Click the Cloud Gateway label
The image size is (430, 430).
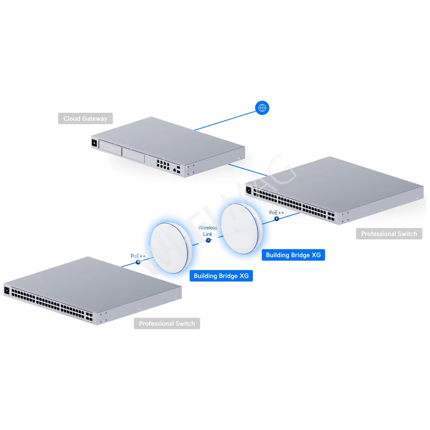coord(85,119)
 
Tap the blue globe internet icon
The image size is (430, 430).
coord(262,108)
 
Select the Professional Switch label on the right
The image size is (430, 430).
coord(389,234)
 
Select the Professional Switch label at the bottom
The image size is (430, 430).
coord(166,323)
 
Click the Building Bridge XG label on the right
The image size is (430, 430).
coord(293,255)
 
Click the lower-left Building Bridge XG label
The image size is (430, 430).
coord(221,276)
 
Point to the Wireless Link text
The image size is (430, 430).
coord(208,231)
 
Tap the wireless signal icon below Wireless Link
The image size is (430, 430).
coord(208,240)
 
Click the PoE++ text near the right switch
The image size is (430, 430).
coord(276,213)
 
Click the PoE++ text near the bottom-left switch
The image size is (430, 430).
coord(138,256)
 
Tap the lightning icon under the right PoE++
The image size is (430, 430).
coord(277,219)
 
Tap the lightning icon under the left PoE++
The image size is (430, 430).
coord(138,262)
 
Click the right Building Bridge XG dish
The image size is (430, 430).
coord(242,228)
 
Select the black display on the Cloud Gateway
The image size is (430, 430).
coord(94,143)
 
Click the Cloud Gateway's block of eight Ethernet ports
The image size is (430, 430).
coord(163,164)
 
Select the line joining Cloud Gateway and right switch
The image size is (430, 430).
coord(248,170)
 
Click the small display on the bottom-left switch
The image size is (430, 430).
coord(7,290)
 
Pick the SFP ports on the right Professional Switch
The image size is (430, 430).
coord(331,216)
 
